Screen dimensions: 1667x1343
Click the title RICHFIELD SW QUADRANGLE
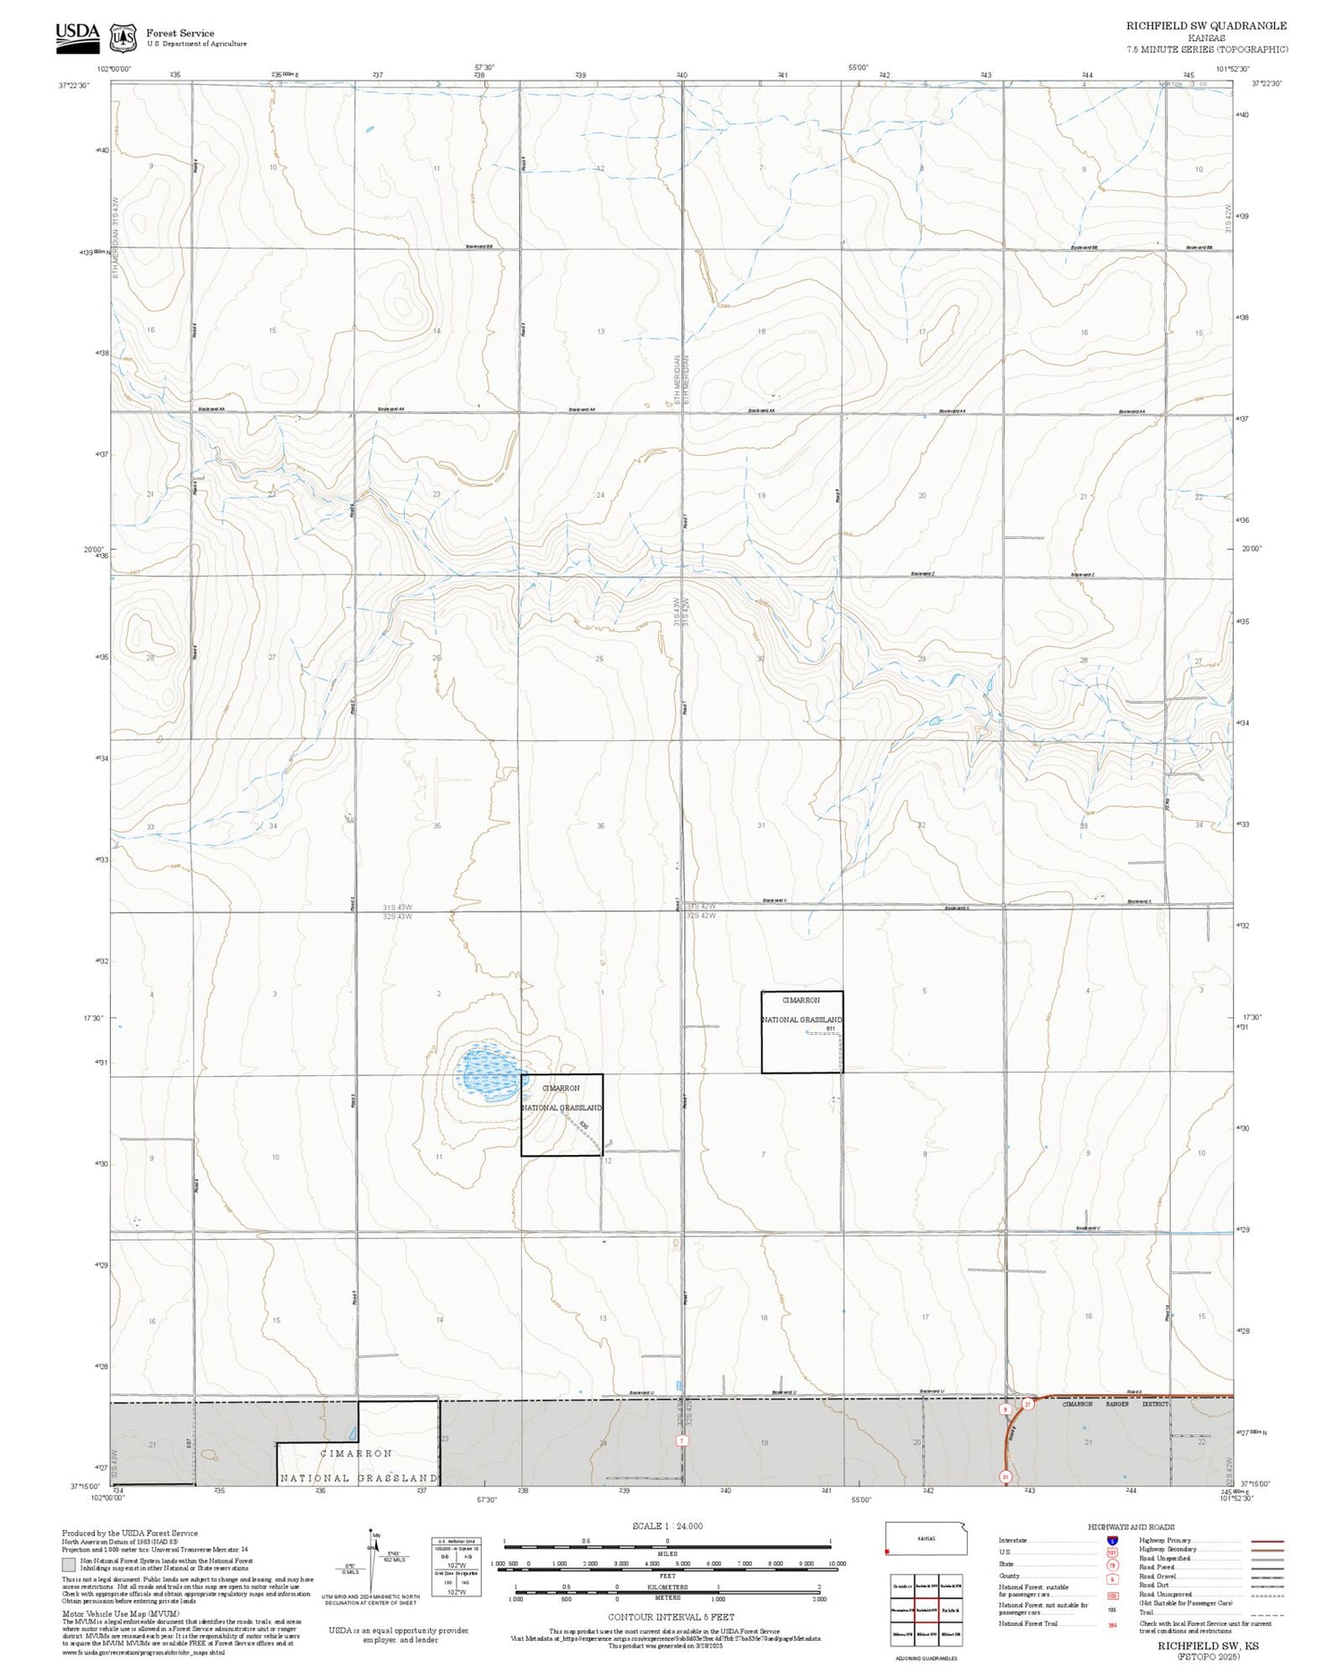[1206, 26]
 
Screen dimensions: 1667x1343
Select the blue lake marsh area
[488, 1073]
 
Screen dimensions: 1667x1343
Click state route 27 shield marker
[1028, 1405]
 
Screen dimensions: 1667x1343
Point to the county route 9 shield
[1005, 1409]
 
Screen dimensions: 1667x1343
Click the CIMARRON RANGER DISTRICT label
[1115, 1404]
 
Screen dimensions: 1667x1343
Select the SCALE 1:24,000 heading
[667, 1526]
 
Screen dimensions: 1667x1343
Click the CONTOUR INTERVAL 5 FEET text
[671, 1617]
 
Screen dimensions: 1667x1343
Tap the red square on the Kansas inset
[887, 1552]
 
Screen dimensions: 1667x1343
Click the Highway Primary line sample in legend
[1263, 1542]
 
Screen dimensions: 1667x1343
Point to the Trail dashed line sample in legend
[1263, 1613]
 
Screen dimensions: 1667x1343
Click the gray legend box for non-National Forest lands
[69, 1565]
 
